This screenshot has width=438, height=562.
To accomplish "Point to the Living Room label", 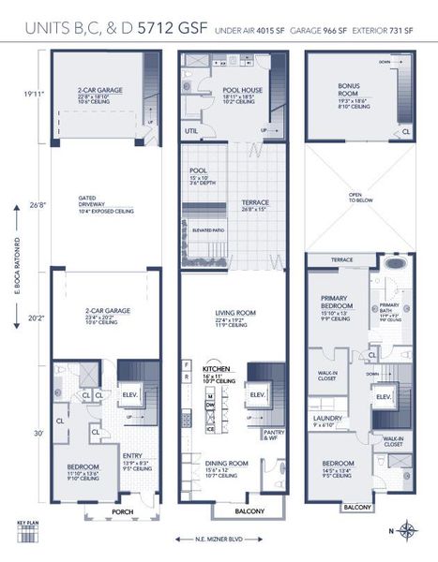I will [229, 319].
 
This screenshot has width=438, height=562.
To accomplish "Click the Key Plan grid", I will [29, 539].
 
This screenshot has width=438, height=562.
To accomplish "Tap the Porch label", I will [122, 512].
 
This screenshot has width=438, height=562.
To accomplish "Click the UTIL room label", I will [192, 131].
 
